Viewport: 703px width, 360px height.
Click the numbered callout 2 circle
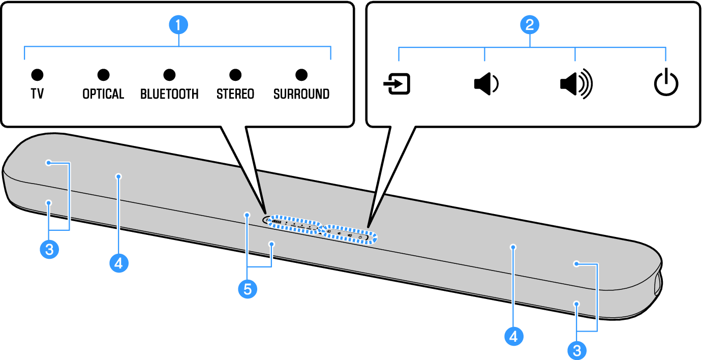(530, 24)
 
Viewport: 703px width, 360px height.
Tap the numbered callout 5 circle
(248, 289)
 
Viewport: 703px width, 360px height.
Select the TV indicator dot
(37, 75)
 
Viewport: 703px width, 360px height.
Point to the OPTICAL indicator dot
(104, 75)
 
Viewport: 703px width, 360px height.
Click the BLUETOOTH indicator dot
(169, 75)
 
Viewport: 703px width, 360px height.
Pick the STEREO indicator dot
(235, 75)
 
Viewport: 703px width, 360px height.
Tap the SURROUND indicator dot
(301, 75)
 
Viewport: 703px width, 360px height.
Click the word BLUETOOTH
(169, 94)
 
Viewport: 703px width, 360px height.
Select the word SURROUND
(301, 94)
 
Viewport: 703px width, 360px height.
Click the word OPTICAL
(103, 94)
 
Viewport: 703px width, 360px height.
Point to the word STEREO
(235, 94)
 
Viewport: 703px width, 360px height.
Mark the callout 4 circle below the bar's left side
(118, 263)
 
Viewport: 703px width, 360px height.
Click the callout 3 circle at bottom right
(576, 350)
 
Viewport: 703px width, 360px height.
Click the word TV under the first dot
(37, 94)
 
